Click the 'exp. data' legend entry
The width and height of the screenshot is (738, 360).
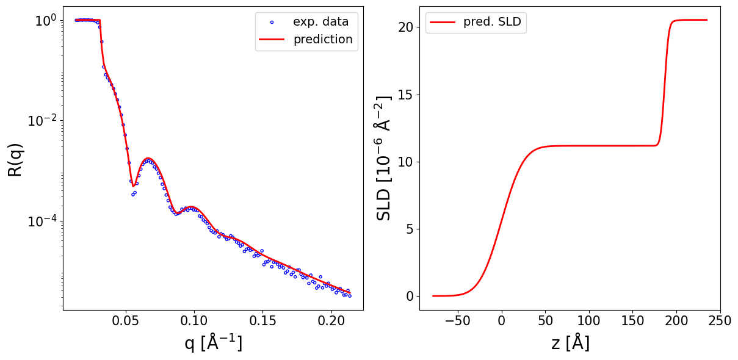pos(320,22)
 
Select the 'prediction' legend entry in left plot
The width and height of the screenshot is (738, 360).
pos(323,40)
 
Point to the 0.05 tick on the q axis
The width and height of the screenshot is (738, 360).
pos(126,321)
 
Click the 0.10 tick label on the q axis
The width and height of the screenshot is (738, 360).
pos(194,321)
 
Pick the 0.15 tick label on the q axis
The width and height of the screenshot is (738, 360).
pos(262,321)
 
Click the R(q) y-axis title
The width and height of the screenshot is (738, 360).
pos(15,160)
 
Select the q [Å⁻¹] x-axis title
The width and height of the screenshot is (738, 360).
pos(213,344)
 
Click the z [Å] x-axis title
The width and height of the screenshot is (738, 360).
pos(570,344)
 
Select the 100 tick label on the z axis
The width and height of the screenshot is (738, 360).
pos(589,321)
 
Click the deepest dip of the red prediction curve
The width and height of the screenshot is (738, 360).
pos(133,185)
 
